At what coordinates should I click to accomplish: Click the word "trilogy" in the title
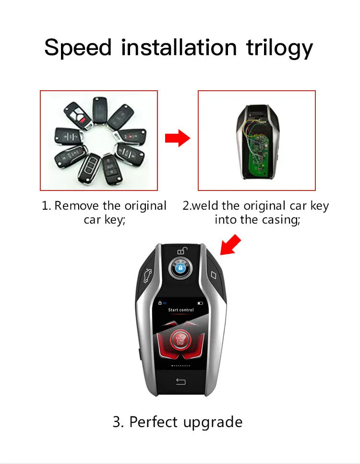tap(279, 48)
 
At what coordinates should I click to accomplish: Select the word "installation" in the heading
tap(179, 47)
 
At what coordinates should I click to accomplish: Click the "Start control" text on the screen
tap(181, 310)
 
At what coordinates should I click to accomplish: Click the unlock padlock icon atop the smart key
tap(180, 250)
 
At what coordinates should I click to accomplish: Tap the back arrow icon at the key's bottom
tap(180, 382)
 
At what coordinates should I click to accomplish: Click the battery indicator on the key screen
tap(200, 303)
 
